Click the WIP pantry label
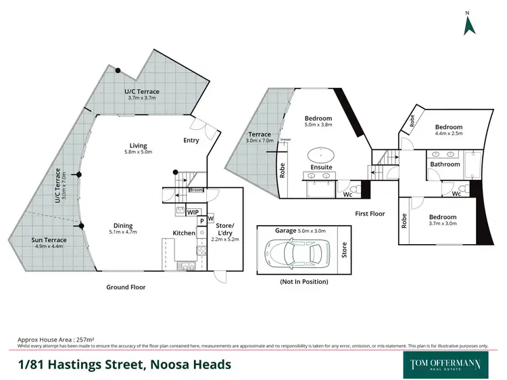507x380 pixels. pyautogui.click(x=193, y=212)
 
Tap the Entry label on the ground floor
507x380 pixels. pyautogui.click(x=191, y=141)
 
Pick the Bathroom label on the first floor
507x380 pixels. pyautogui.click(x=445, y=164)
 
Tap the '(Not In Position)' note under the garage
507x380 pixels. pyautogui.click(x=304, y=281)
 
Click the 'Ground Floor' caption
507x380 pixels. pyautogui.click(x=126, y=287)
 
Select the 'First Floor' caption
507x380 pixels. pyautogui.click(x=370, y=214)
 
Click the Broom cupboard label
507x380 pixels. pyautogui.click(x=196, y=190)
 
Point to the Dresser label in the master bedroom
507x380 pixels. pyautogui.click(x=285, y=139)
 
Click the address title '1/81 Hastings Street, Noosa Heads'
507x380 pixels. pyautogui.click(x=124, y=364)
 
